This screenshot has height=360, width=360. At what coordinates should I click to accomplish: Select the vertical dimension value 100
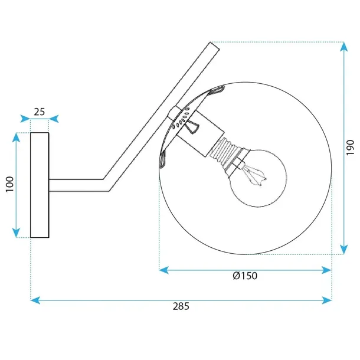click(x=8, y=185)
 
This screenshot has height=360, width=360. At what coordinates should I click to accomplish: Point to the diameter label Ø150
click(x=245, y=276)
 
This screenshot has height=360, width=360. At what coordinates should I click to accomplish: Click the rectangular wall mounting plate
click(x=40, y=185)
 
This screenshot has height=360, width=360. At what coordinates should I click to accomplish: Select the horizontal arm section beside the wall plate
click(x=77, y=185)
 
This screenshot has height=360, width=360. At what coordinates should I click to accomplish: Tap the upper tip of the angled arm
click(x=211, y=45)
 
